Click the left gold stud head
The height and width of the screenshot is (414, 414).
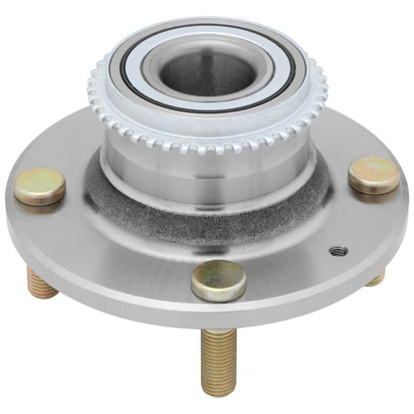coord(39,185)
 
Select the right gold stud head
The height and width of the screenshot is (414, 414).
coord(373,175)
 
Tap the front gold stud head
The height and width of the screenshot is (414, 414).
coord(219,281)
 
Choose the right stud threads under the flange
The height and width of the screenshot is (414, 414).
coord(376,279)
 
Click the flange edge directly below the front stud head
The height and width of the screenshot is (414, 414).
coord(219,316)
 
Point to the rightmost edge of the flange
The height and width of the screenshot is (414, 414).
coord(406,214)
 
